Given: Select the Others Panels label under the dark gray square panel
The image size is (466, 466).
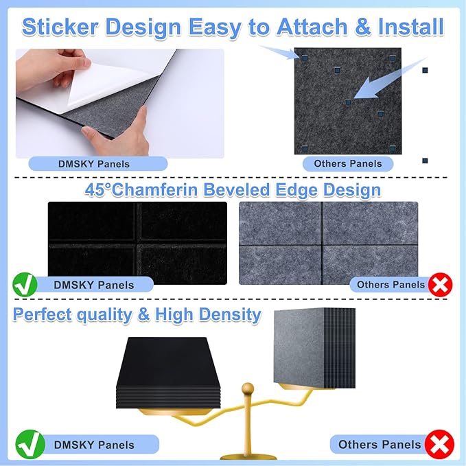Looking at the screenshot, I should click(x=348, y=163).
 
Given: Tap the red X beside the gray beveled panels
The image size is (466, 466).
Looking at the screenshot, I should click(x=440, y=284).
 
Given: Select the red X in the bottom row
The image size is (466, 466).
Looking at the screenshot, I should click(x=439, y=444).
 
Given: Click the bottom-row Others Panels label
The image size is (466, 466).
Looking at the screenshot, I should click(x=378, y=444).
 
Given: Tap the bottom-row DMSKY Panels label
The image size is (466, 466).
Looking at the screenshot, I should click(x=94, y=445).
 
